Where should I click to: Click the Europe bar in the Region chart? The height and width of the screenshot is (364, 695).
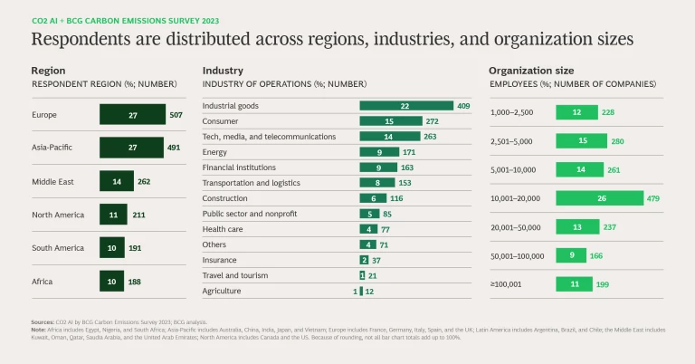(132, 115)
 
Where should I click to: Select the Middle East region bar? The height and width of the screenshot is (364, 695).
(116, 180)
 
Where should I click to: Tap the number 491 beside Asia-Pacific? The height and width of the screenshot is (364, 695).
(176, 148)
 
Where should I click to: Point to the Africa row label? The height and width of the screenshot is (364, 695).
(43, 282)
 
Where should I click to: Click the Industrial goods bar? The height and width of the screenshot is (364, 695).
(405, 106)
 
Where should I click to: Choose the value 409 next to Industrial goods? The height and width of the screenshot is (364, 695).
(463, 106)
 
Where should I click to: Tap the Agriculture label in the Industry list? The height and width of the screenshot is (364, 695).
(223, 291)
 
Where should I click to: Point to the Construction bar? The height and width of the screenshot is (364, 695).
(374, 198)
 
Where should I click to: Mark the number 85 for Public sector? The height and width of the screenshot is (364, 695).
(387, 214)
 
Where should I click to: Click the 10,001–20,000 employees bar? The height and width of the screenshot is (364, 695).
(599, 198)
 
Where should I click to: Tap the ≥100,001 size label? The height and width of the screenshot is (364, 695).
(507, 284)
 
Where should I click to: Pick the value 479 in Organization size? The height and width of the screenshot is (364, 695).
(656, 198)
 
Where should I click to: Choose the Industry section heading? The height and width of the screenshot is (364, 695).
(223, 70)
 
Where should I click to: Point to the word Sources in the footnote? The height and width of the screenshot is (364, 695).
(43, 321)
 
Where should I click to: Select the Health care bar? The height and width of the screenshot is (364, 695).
(368, 229)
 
